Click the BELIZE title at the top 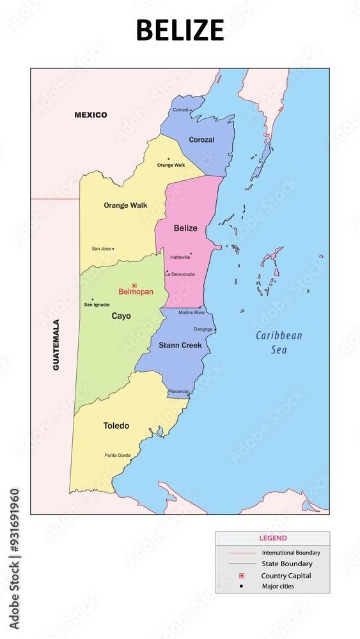(180, 30)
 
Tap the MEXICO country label (91, 115)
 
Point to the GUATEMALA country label (56, 344)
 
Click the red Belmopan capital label (136, 292)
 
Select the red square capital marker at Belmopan (134, 286)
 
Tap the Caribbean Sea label (279, 343)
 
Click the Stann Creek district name (180, 345)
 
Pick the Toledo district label (116, 426)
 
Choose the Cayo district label (121, 316)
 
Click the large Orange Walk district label (125, 206)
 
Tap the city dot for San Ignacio (92, 299)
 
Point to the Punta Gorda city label (117, 455)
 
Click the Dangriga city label (203, 330)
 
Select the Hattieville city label (180, 257)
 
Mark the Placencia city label (178, 391)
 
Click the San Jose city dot (113, 249)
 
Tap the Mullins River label (192, 312)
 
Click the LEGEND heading (272, 538)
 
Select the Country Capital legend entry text (286, 576)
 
